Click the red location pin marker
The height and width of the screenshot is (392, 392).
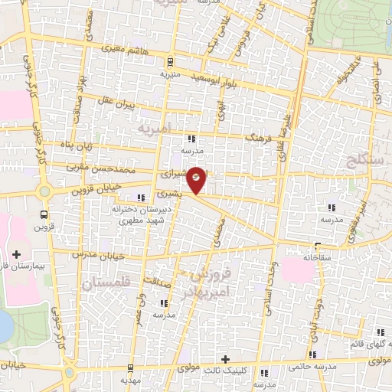[197, 180]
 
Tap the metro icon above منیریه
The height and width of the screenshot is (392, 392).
[170, 64]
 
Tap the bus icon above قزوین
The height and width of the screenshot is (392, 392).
[44, 214]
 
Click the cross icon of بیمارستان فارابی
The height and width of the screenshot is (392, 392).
[16, 253]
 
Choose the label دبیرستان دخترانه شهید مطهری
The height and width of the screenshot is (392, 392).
[139, 214]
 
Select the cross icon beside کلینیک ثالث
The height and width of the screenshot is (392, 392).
[225, 359]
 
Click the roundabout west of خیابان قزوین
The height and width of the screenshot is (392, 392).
[44, 192]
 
